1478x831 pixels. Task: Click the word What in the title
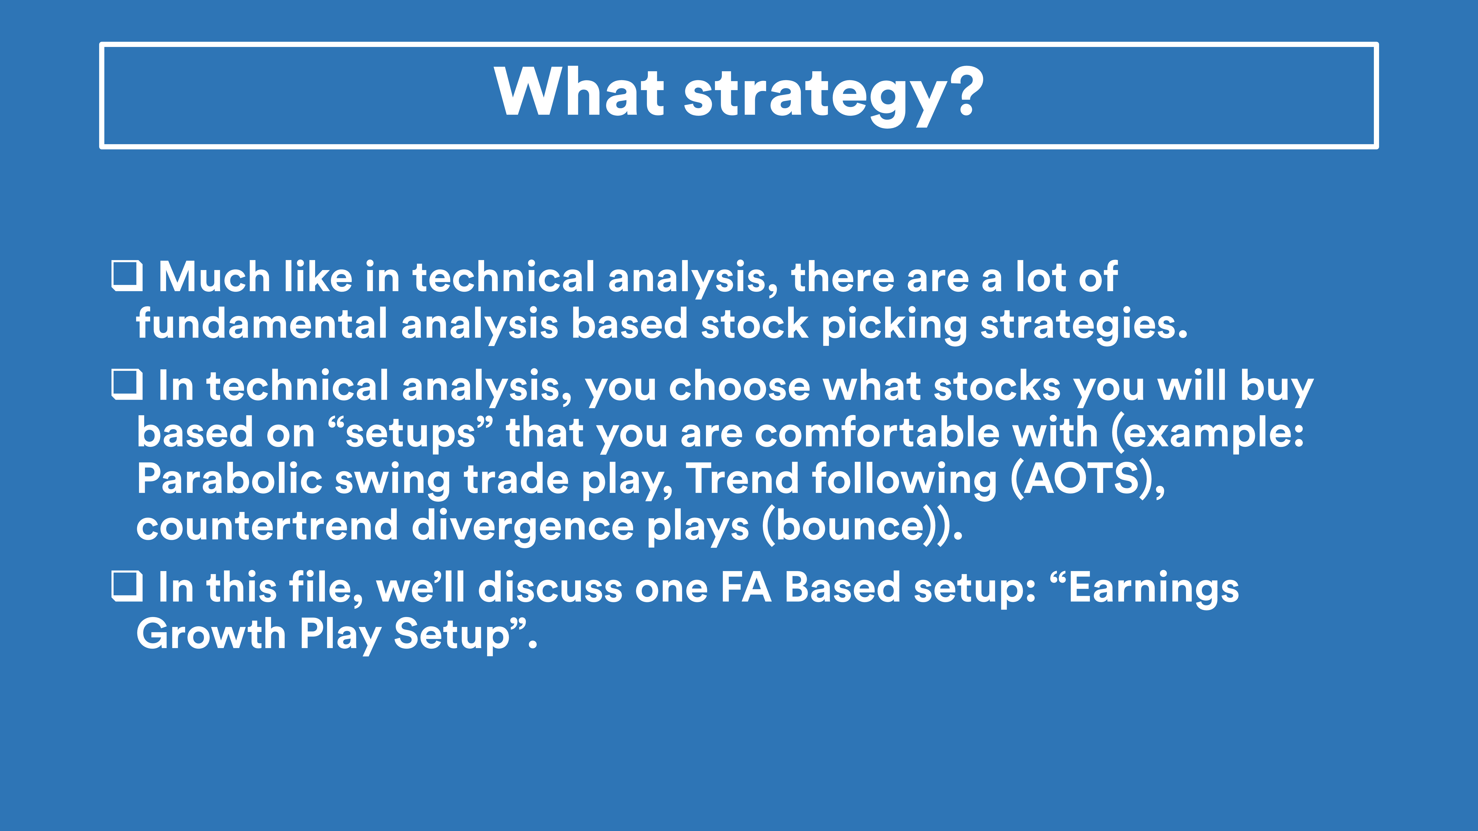579,92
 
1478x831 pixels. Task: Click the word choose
739,386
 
